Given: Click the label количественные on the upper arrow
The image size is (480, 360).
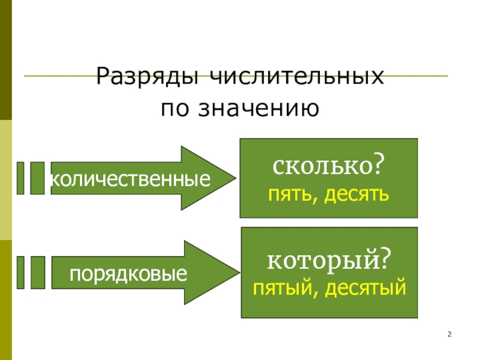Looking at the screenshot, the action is (131, 178).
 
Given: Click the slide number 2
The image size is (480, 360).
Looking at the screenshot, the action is (449, 334).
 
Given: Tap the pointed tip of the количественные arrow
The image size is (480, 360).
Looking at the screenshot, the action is (235, 178).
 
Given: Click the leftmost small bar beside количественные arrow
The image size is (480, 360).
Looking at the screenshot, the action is (20, 178).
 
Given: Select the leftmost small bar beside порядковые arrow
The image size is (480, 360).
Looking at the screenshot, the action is (20, 272).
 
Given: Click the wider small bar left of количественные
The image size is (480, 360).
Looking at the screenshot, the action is (37, 178).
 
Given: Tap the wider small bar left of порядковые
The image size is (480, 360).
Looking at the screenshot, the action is (37, 272).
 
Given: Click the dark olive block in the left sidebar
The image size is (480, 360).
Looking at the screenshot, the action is (6, 60).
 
